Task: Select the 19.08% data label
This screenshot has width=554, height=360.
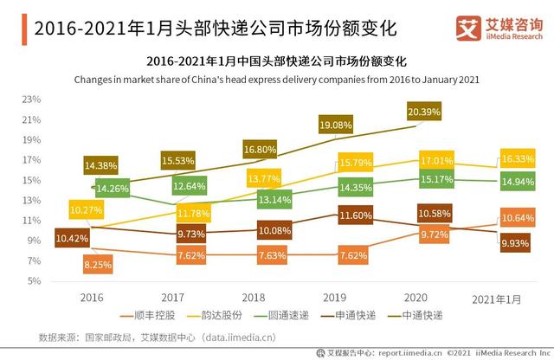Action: point(336,125)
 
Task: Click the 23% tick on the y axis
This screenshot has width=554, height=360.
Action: point(33,100)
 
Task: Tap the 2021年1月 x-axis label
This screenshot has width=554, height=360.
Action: point(497,299)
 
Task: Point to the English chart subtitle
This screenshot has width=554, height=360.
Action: point(276,80)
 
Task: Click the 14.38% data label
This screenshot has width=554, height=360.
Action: point(101,165)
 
